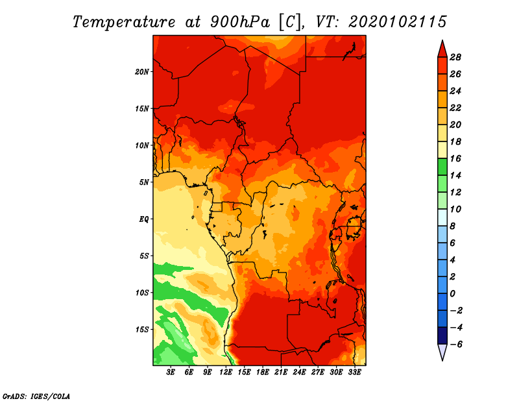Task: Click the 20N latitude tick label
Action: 141,72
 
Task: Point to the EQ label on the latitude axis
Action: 143,219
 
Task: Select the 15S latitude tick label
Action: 141,330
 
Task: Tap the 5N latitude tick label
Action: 143,182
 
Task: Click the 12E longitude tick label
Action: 226,372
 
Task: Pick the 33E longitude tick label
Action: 354,372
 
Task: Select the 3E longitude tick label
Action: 171,372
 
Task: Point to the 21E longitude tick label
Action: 281,372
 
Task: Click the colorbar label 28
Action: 455,57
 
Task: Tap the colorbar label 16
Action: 455,158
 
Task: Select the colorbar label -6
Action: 456,345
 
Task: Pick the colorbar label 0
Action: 452,294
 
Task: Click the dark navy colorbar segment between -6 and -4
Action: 442,335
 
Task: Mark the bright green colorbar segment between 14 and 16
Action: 442,167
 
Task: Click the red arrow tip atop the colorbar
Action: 442,40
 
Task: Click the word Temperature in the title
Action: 124,22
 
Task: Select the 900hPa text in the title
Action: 239,22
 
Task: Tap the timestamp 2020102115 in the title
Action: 398,22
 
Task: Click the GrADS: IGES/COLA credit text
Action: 36,396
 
